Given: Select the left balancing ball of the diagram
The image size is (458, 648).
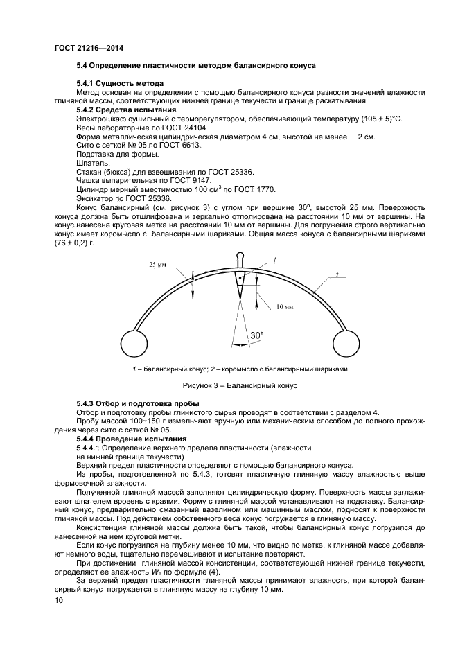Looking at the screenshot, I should (x=134, y=342).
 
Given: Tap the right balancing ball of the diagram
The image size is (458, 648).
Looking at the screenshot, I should (x=346, y=342).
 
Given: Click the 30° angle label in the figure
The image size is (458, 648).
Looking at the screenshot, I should (x=257, y=335).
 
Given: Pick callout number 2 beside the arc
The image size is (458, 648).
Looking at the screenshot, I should (x=336, y=275).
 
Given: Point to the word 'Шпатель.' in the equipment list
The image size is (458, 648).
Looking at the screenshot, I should (x=92, y=164).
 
